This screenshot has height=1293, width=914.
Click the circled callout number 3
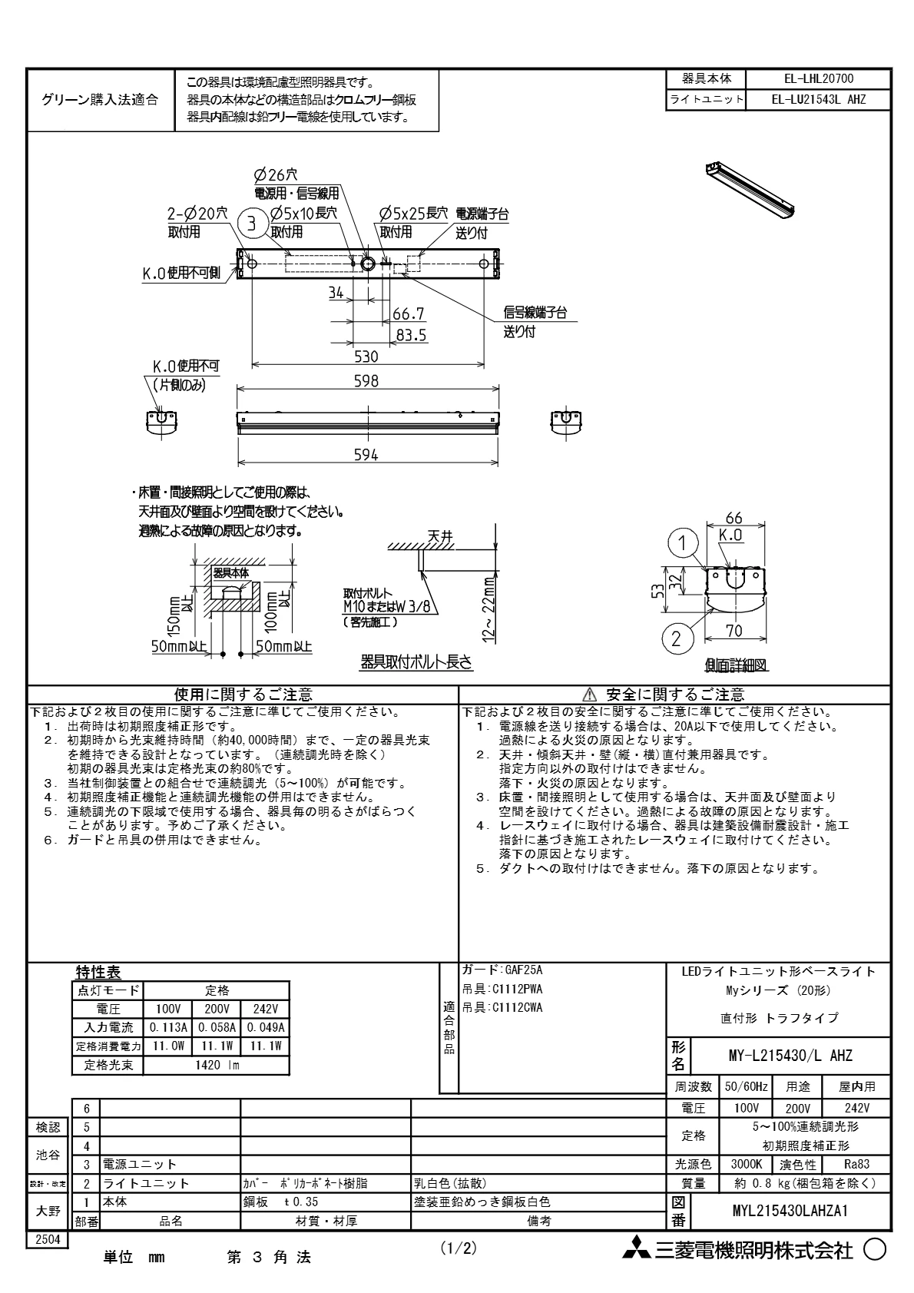point(251,224)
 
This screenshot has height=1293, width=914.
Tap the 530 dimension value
point(366,356)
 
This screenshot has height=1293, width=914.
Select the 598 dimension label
point(366,380)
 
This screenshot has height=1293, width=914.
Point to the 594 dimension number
point(366,455)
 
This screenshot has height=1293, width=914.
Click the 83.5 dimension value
point(411,335)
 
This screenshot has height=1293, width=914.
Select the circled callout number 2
point(676,639)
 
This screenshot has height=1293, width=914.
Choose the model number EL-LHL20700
point(818,78)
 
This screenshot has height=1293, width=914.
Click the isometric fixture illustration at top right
point(750,190)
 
